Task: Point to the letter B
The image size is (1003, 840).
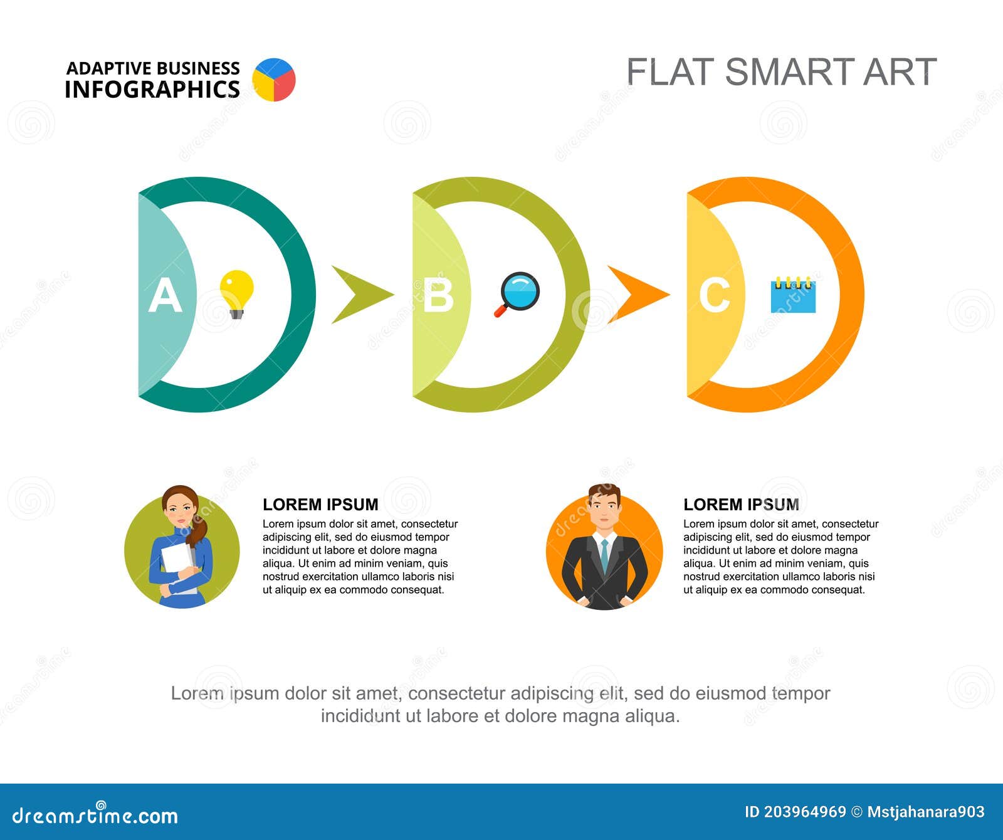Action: [438, 295]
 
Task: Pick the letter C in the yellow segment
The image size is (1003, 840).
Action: [714, 295]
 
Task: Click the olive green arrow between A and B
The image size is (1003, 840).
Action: [360, 294]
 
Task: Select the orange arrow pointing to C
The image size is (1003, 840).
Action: [636, 294]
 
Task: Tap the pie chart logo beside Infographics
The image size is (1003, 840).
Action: [274, 80]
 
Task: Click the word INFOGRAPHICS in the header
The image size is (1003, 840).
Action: [152, 90]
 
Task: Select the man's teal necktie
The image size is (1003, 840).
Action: [604, 554]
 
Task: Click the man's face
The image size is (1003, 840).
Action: [604, 510]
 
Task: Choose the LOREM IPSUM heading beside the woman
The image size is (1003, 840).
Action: [320, 505]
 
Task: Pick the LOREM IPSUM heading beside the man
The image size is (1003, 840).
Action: [741, 505]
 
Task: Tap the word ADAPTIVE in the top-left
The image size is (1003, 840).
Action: [109, 68]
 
